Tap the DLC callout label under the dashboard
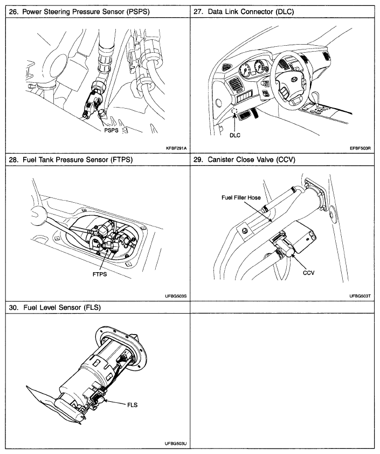(234, 136)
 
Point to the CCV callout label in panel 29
(309, 272)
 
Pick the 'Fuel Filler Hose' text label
(241, 197)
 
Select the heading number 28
(13, 160)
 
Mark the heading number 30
(13, 308)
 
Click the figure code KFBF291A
(176, 147)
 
